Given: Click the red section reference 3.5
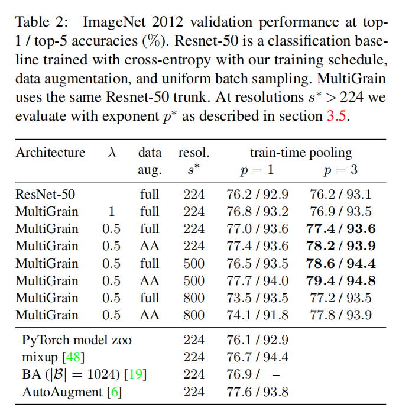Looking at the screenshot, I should click(x=337, y=115).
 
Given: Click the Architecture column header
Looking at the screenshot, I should click(x=50, y=153).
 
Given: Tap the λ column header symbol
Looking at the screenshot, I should click(x=112, y=153).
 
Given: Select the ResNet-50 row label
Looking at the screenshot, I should click(x=46, y=194).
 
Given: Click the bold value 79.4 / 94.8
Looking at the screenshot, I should click(x=342, y=280).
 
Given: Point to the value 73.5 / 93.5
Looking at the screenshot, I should click(x=258, y=298).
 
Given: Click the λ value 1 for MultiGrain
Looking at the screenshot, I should click(x=111, y=211).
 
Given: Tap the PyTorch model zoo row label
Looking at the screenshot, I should click(x=77, y=340).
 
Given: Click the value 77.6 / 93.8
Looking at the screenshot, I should click(x=258, y=392).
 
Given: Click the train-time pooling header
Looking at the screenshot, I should click(x=300, y=153).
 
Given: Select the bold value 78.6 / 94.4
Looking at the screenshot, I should click(x=342, y=263).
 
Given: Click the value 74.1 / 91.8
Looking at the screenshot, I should click(x=258, y=315).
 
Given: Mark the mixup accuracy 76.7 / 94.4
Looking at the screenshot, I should click(x=258, y=357).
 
